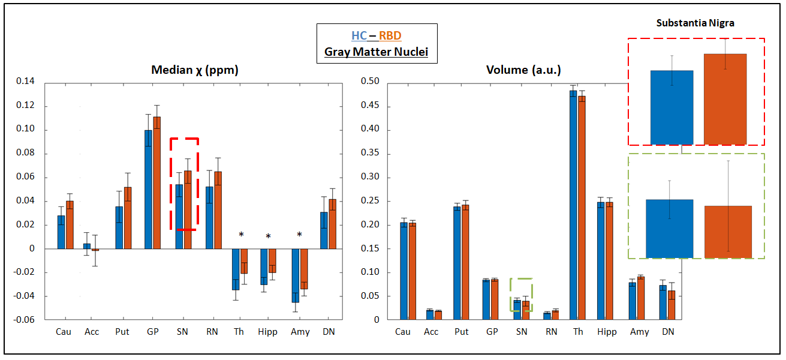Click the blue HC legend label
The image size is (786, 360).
[x=359, y=36]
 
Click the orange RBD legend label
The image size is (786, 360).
[x=390, y=36]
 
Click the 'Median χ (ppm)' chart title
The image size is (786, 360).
[x=195, y=70]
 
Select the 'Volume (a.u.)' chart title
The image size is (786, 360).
[x=523, y=70]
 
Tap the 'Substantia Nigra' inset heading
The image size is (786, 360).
[x=695, y=23]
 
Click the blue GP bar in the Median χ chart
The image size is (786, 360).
[x=148, y=189]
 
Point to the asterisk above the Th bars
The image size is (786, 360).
[x=241, y=235]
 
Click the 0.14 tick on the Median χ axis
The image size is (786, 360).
[x=27, y=82]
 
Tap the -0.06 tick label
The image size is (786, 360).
[x=26, y=320]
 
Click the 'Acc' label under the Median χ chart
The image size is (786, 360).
[x=92, y=332]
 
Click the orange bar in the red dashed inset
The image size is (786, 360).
[x=725, y=99]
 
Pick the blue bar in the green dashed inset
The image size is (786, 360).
[x=669, y=229]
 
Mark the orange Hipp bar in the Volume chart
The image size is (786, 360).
[x=609, y=261]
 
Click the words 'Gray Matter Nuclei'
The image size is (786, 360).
[x=377, y=52]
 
